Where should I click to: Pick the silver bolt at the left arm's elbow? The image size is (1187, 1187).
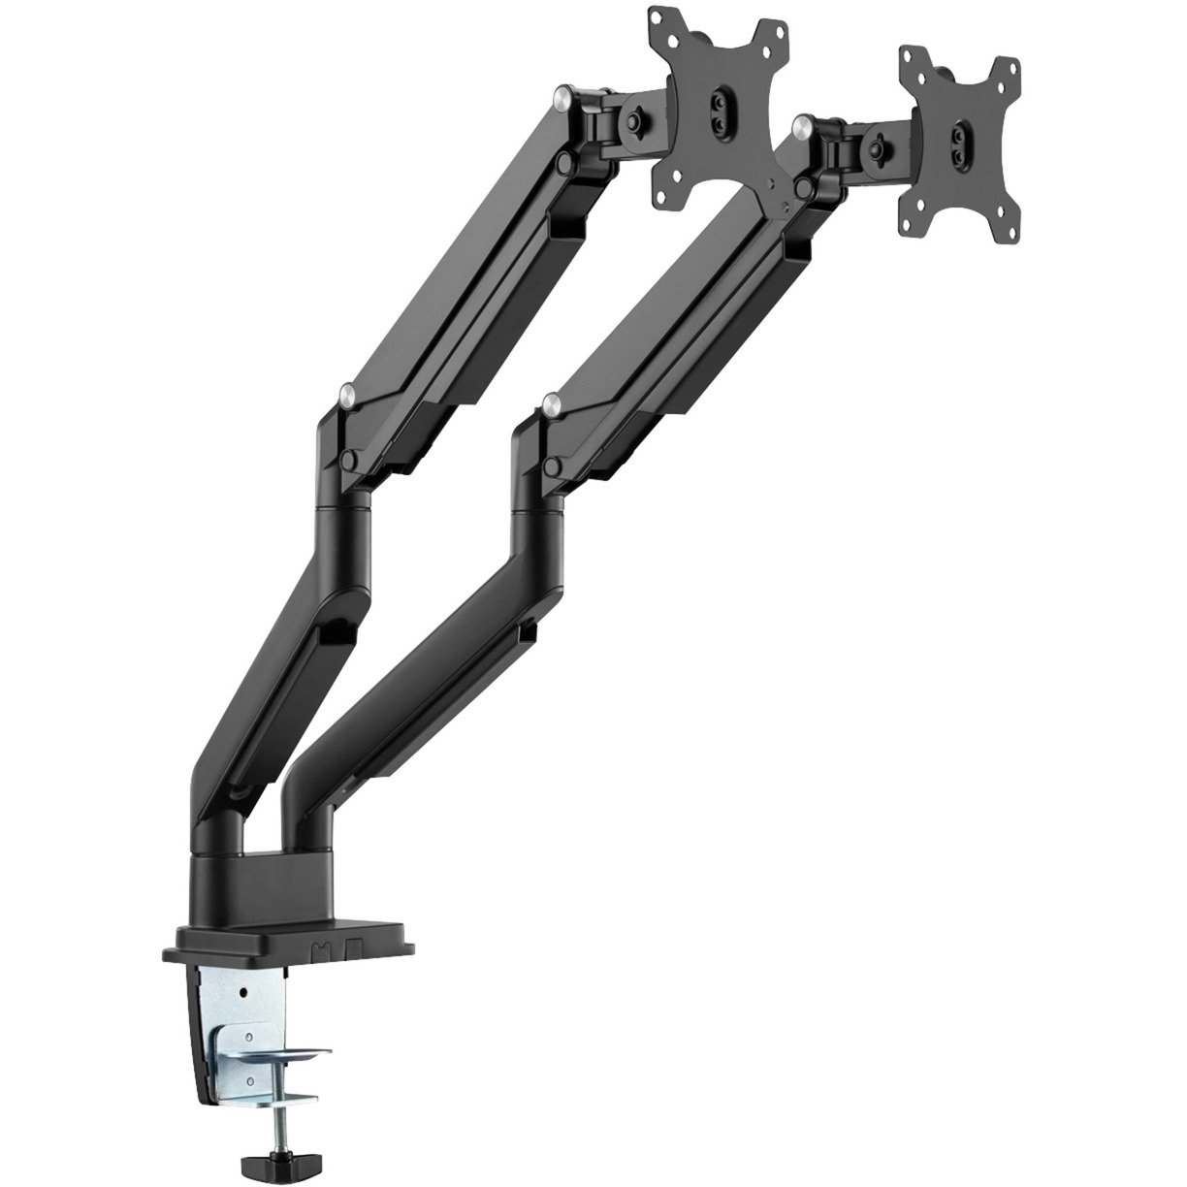(x=347, y=392)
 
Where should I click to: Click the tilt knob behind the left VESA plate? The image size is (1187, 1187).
(x=635, y=122)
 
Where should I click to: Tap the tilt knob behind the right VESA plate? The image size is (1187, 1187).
(x=880, y=147)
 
